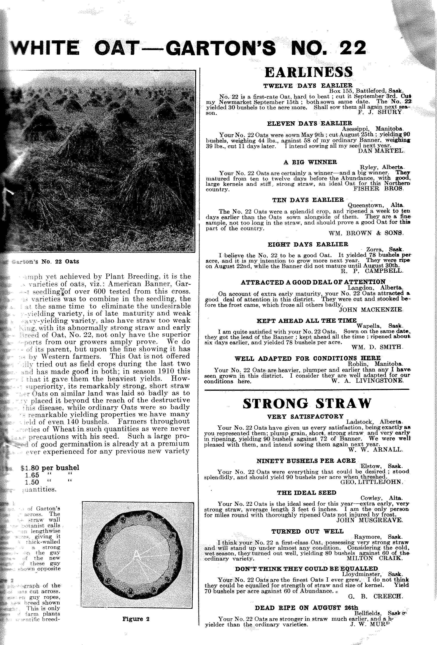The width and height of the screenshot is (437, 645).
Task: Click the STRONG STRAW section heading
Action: (307, 403)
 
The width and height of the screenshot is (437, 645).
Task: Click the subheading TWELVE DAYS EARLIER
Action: (308, 85)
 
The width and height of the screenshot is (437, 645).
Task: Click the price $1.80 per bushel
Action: (50, 468)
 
